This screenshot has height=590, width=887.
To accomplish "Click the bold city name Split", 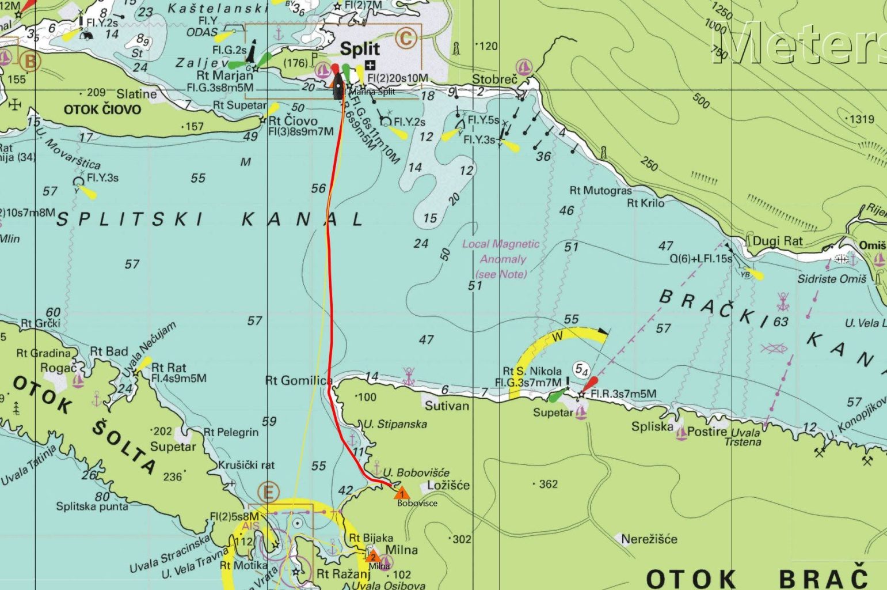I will point(360,48).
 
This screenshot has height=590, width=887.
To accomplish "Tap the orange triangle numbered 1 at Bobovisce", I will point(402,493).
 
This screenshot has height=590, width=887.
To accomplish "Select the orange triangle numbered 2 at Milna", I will point(373,557).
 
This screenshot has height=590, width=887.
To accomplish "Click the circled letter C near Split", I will point(406,39).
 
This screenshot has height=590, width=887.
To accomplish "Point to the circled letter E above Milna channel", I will point(268,493).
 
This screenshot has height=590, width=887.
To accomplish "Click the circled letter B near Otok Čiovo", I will point(30,61).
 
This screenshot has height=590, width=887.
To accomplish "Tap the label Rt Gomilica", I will point(298,380).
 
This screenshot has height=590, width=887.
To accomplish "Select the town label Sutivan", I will point(447,406).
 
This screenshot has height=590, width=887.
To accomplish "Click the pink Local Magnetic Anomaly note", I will point(501,259).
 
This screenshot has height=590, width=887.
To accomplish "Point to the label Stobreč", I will point(494,79).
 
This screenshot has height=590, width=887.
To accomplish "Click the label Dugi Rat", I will point(777,241).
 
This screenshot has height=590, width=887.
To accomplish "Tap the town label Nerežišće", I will point(649,539).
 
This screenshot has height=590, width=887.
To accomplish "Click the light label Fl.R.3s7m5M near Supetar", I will point(623,394).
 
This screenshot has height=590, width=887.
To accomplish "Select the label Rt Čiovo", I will point(292,120).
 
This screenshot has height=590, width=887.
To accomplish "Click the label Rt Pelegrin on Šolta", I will point(231,432).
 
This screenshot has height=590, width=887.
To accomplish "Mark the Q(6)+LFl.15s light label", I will point(701,259).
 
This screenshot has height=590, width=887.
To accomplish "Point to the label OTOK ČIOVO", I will point(102,109).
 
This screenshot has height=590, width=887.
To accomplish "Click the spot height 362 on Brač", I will point(547,484).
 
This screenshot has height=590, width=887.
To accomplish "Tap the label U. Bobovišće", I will point(416,472).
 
